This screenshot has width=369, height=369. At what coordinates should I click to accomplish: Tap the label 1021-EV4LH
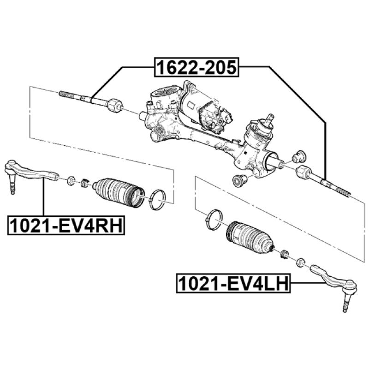point(233,283)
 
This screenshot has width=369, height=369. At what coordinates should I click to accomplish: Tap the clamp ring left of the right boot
point(214,218)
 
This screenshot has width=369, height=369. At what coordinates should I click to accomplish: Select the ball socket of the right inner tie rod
point(303,173)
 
